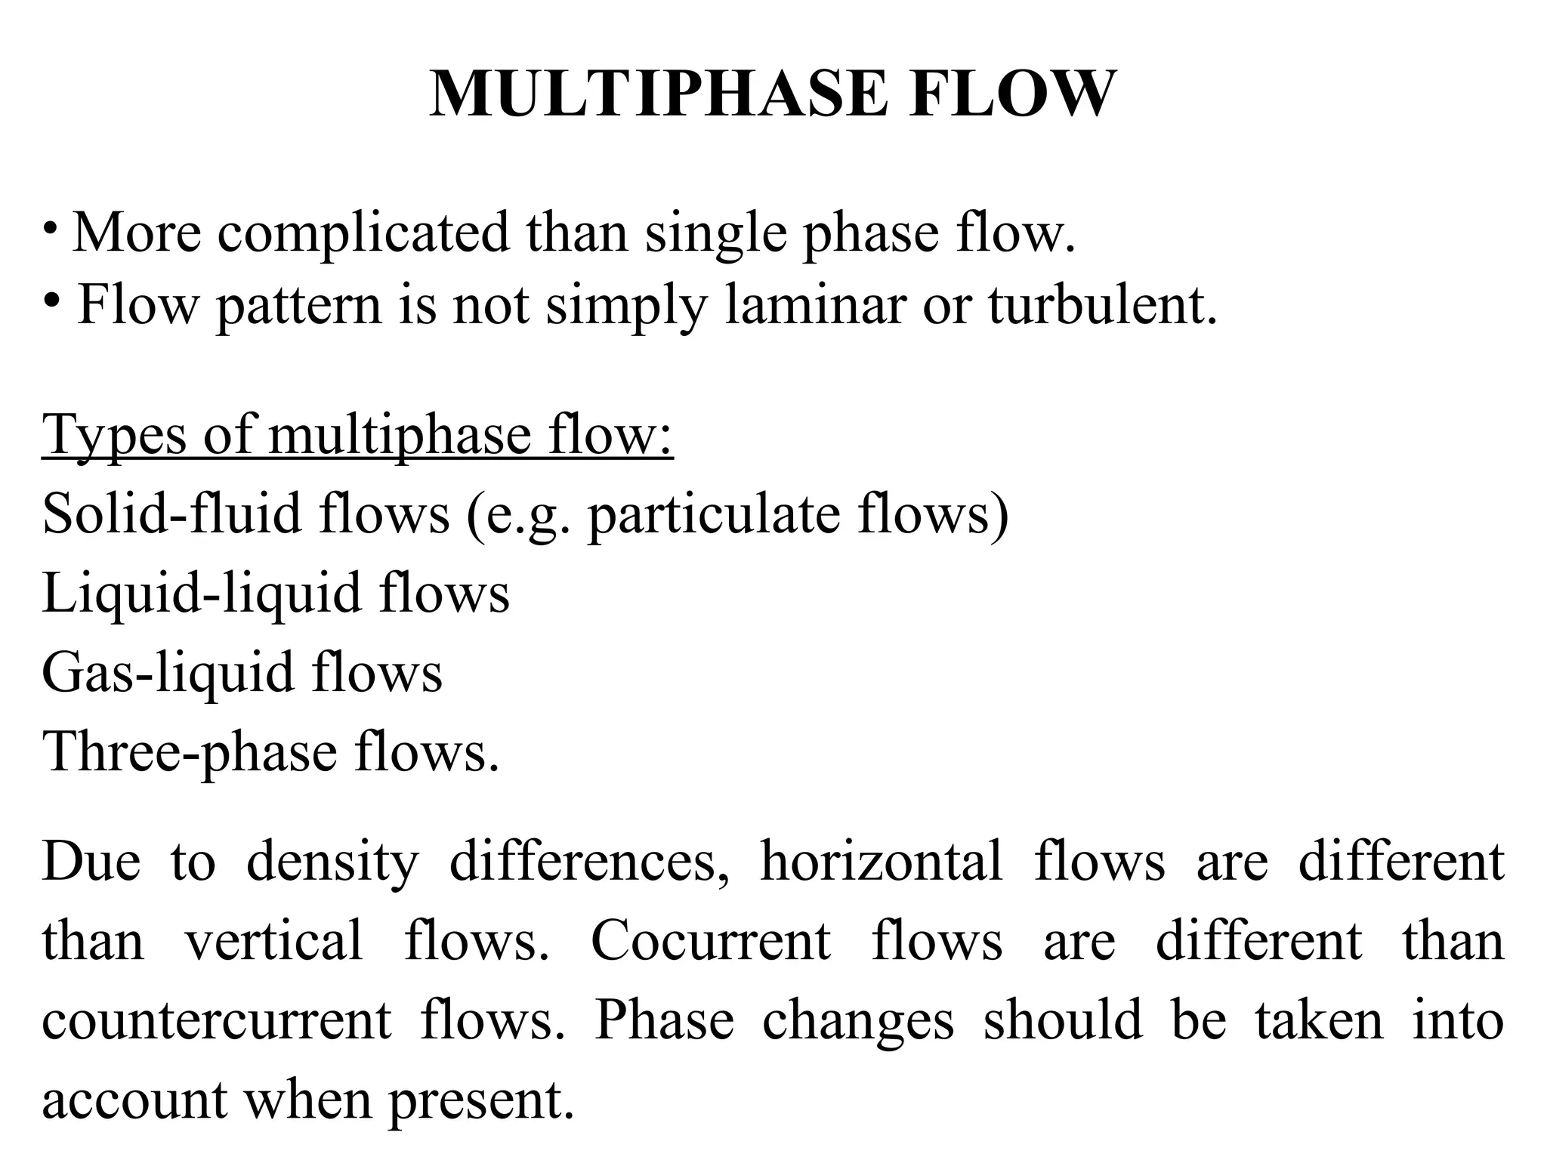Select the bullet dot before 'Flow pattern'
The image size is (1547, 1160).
pos(51,301)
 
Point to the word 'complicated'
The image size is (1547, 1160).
pos(363,233)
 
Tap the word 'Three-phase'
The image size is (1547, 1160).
pos(190,753)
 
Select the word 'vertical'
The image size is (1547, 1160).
pos(274,941)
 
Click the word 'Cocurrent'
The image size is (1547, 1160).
pos(711,941)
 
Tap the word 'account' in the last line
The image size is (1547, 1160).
pos(135,1100)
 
